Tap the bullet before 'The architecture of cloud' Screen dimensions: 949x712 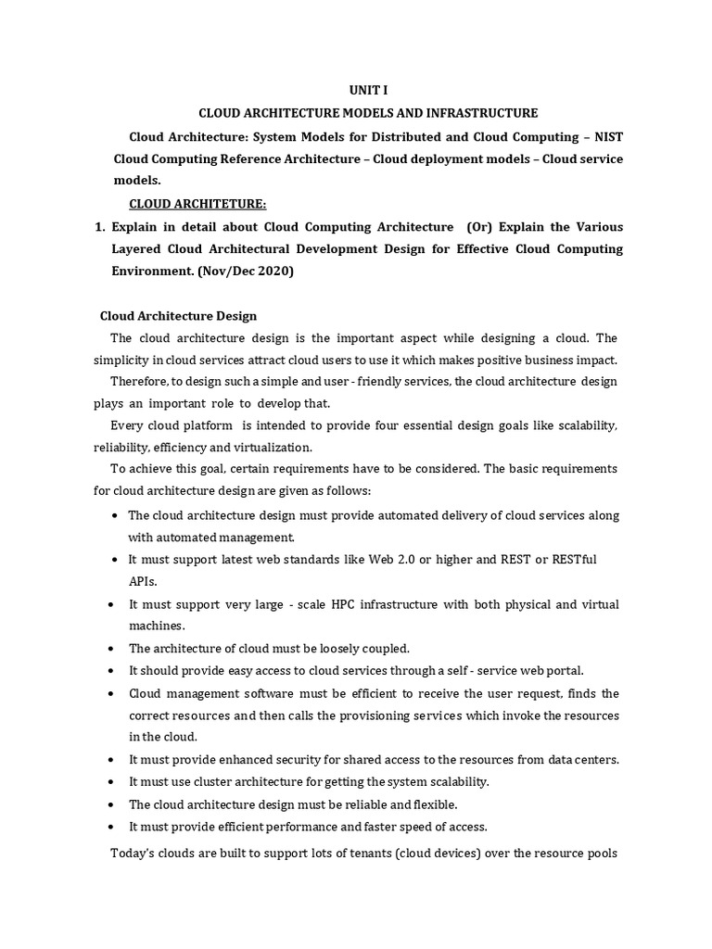112,649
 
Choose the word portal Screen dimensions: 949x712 565,671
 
